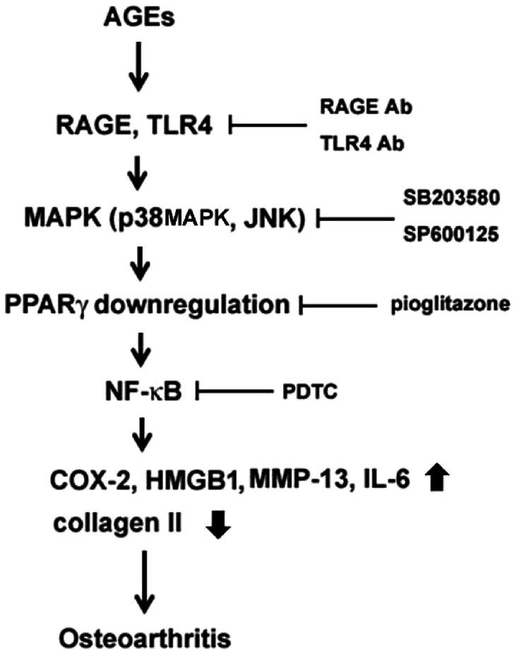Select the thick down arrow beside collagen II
coord(217,525)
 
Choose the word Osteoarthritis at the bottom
coord(145,639)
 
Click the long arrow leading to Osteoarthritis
coord(145,579)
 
